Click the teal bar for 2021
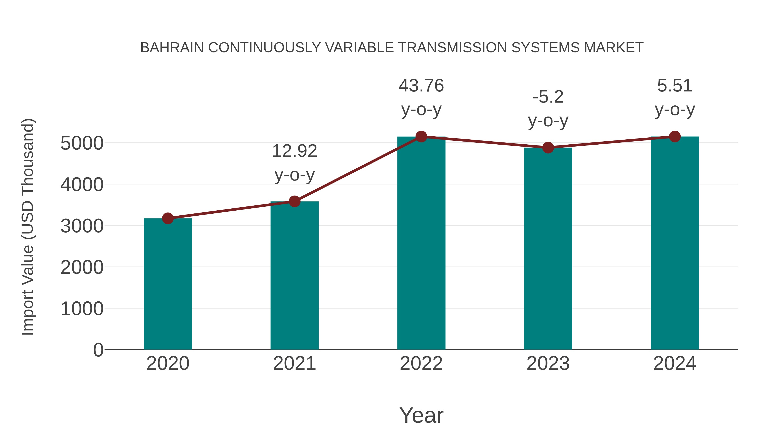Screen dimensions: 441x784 (294, 275)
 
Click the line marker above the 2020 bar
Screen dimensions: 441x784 (168, 218)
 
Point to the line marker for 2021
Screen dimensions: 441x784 (294, 201)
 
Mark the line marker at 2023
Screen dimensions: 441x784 (548, 148)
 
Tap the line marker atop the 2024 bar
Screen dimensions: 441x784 (675, 137)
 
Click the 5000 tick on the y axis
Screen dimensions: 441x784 (82, 143)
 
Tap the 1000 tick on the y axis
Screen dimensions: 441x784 (82, 309)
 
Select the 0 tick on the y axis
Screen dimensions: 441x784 (98, 350)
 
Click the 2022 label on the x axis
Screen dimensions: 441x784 (421, 363)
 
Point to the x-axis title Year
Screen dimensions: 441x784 (421, 415)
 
